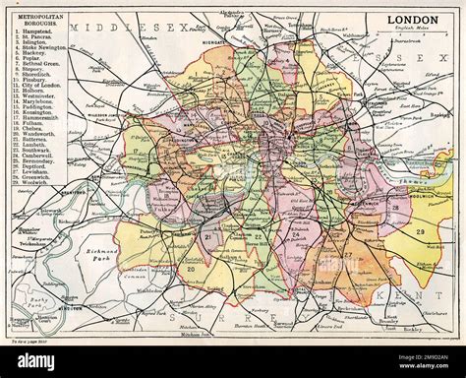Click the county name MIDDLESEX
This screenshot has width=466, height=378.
[x=128, y=27]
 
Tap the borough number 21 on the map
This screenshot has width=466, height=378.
[x=207, y=236]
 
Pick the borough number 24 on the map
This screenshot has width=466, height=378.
[x=293, y=235]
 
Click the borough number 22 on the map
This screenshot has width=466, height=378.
[x=257, y=236]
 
